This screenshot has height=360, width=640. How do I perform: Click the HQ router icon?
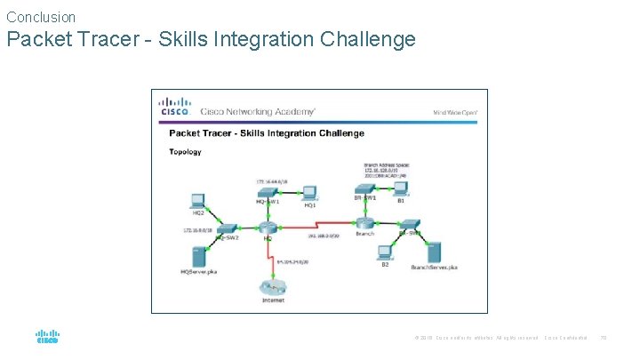268,228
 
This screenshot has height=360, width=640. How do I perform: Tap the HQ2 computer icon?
197,201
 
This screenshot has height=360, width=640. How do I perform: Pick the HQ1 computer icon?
309,191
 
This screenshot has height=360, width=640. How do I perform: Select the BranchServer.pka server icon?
434,252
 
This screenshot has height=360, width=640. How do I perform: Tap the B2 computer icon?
385,252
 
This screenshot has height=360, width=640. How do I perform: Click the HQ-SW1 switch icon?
268,191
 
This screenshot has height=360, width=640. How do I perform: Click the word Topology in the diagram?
186,152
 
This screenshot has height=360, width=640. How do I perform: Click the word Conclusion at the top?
41,17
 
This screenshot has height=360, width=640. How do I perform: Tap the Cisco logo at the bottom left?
47,337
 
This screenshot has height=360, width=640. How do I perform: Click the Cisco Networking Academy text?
257,112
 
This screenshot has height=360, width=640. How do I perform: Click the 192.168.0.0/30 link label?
323,236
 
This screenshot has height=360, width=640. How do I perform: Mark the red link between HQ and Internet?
269,255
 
